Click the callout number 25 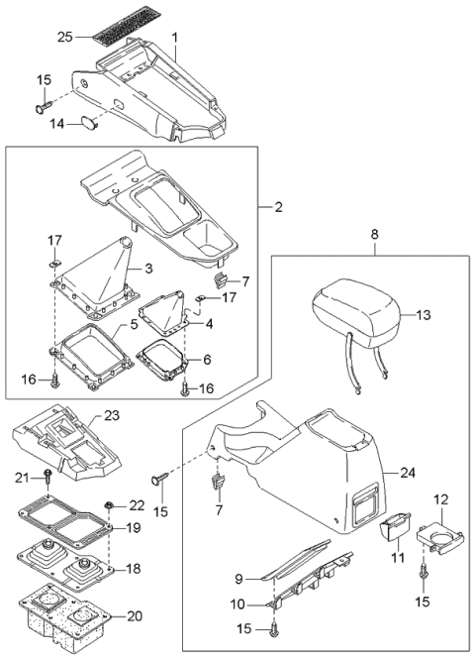click(x=64, y=38)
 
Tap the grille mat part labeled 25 click(x=113, y=38)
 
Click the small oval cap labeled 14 click(x=90, y=122)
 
